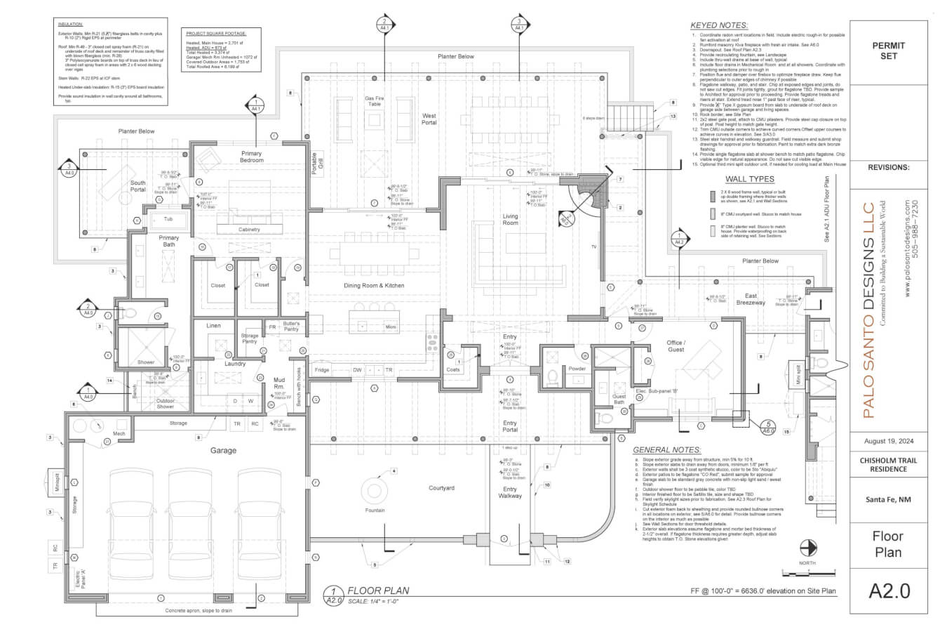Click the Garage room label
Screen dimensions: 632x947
click(x=223, y=450)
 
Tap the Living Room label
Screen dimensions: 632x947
click(x=510, y=219)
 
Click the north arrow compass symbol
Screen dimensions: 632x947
click(x=809, y=547)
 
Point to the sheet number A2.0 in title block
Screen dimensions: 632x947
click(x=889, y=591)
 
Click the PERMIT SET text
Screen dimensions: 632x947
click(x=889, y=51)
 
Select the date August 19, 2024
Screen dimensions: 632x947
click(x=889, y=441)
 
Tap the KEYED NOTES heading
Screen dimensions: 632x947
click(x=718, y=25)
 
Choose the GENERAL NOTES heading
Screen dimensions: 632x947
click(x=666, y=450)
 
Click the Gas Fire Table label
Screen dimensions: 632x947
click(x=372, y=101)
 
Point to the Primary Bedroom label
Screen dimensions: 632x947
click(x=251, y=157)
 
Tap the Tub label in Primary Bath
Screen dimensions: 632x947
click(x=168, y=219)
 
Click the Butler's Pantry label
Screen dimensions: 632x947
click(x=291, y=327)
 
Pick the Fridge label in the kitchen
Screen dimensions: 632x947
click(x=322, y=370)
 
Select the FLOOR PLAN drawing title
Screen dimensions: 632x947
click(x=378, y=591)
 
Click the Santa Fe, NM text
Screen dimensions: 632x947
click(x=889, y=499)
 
